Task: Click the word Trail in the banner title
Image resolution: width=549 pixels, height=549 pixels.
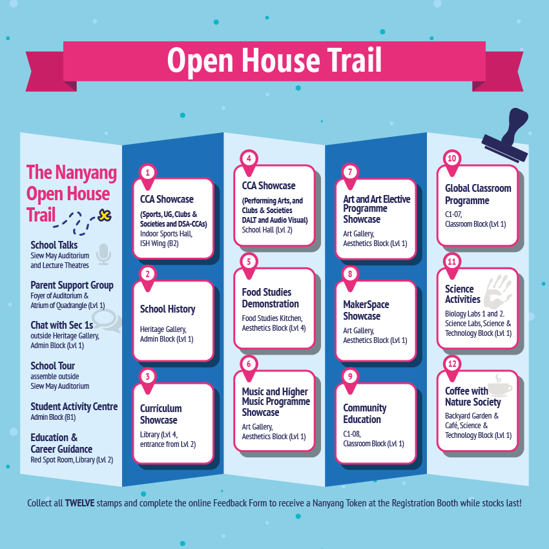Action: click(x=347, y=60)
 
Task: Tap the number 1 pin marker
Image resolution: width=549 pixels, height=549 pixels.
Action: click(x=148, y=173)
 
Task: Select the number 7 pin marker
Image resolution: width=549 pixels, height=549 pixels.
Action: click(x=350, y=172)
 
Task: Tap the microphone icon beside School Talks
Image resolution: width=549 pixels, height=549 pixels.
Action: click(x=103, y=254)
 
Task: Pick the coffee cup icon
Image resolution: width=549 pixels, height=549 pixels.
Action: click(x=499, y=386)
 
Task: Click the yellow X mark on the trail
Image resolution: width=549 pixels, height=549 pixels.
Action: click(x=103, y=214)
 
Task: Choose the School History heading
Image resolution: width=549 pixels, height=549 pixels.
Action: click(x=167, y=309)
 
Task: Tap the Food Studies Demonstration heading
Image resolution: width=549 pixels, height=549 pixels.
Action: click(x=270, y=298)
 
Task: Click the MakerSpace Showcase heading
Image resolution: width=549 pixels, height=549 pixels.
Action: click(x=366, y=310)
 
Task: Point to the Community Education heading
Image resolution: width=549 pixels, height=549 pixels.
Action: click(x=365, y=413)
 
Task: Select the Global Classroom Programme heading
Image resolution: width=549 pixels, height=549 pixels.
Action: click(x=477, y=194)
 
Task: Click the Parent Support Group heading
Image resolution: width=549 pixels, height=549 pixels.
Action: click(x=72, y=285)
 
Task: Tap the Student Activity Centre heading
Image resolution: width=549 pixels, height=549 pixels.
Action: click(x=74, y=406)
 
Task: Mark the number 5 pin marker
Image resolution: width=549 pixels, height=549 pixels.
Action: click(x=249, y=262)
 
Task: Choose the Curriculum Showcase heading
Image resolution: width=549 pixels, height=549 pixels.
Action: click(x=161, y=414)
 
